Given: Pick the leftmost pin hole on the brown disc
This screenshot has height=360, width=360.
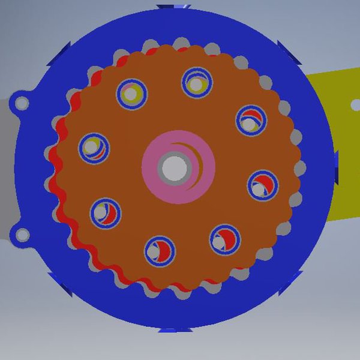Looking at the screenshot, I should click(x=94, y=148).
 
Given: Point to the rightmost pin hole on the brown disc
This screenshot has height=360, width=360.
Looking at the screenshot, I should click(x=263, y=185).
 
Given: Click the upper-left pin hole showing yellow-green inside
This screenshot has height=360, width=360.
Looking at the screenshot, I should click(x=132, y=94).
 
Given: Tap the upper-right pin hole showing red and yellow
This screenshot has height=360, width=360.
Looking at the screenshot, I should click(x=251, y=120).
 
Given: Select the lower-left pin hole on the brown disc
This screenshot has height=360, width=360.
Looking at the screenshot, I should click(x=106, y=212).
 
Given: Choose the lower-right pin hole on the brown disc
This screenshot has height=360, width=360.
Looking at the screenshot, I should click(x=225, y=239).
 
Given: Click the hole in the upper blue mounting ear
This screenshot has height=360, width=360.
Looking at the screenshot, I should click(x=22, y=103).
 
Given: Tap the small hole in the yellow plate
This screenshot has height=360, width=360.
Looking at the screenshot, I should click(x=355, y=104).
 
